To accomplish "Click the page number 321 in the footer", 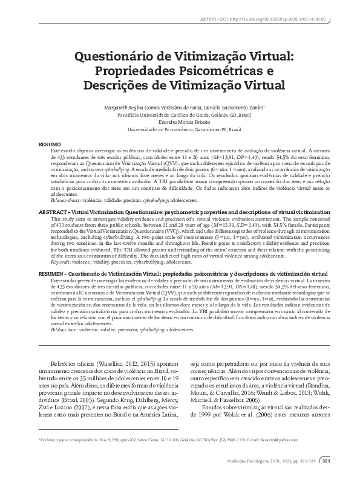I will click(x=326, y=462).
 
